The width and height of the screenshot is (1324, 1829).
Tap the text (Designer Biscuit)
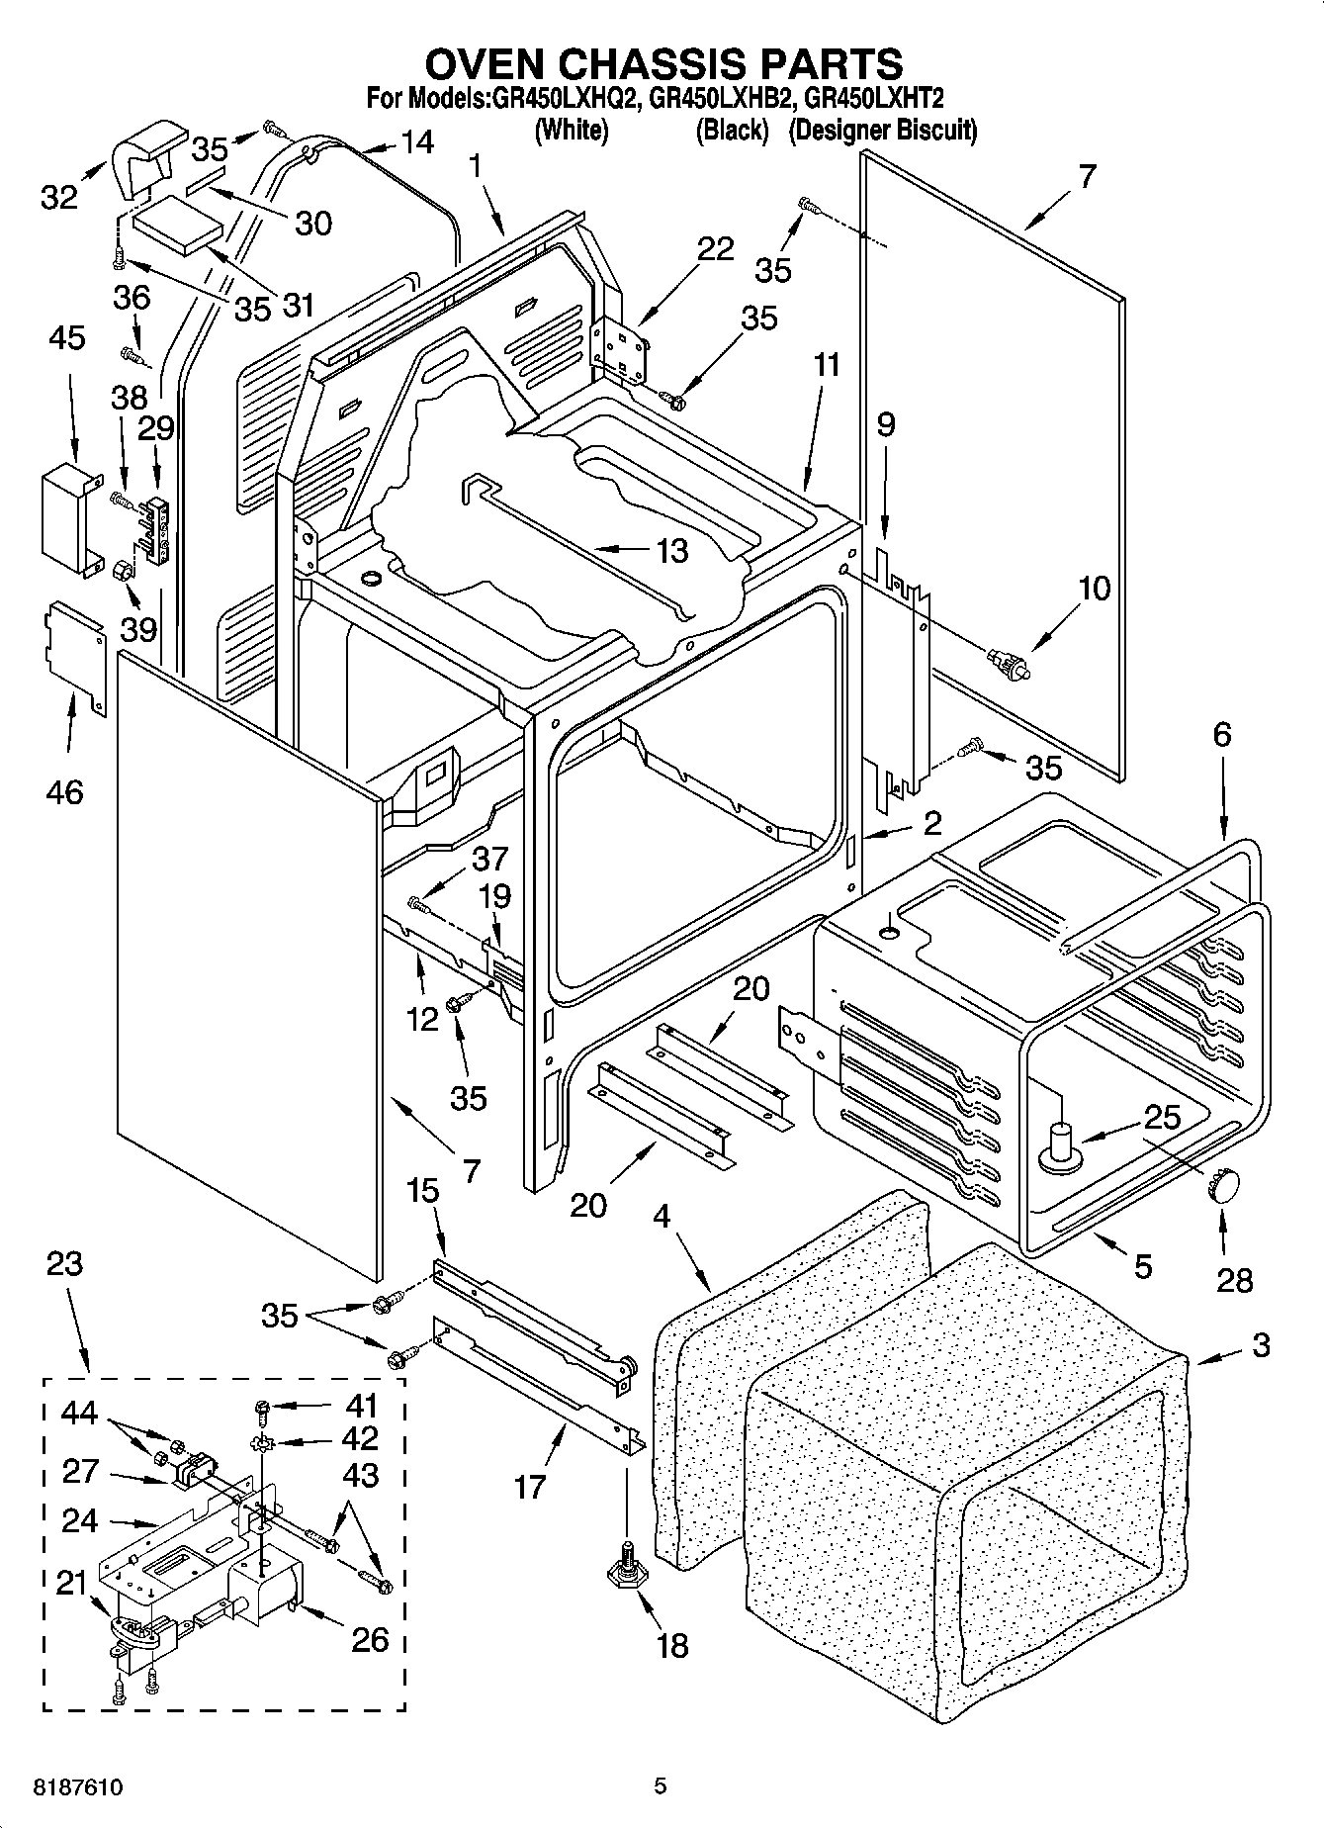pos(882,130)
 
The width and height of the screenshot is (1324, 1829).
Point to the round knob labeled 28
pos(1222,1183)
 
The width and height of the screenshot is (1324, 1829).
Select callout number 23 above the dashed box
pos(64,1264)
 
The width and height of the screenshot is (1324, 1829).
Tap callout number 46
pos(65,791)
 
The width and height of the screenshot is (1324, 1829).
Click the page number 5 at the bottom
pos(661,1786)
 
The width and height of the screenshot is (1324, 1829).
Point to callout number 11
pos(826,365)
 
